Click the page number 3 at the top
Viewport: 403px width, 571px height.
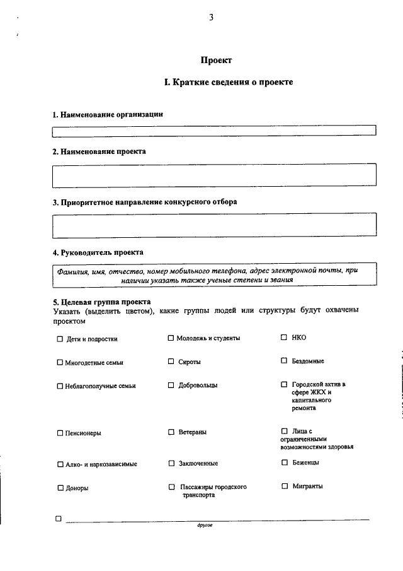pos(212,18)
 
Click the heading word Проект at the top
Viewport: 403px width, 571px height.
pos(216,61)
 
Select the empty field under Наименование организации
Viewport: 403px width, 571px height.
pos(214,131)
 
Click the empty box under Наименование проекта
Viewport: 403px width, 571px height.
pos(214,175)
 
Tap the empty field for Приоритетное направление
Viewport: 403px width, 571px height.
pos(214,224)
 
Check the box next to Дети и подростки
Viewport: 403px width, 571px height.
pos(60,339)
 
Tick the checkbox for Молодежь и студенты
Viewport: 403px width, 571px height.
pos(171,338)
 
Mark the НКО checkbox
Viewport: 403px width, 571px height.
pos(284,338)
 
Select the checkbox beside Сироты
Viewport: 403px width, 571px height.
pos(171,362)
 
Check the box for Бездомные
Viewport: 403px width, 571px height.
pos(284,361)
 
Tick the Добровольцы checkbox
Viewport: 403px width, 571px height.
pos(171,385)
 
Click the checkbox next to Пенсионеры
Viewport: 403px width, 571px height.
pos(60,433)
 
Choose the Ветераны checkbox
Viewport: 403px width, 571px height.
pos(171,432)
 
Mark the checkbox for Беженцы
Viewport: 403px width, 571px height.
pos(284,462)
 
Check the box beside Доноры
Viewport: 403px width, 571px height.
pos(60,488)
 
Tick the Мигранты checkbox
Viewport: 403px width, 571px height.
pos(284,486)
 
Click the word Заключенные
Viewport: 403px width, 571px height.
pos(198,464)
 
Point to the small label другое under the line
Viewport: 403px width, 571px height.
pos(205,525)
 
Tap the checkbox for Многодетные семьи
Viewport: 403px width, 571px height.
pos(60,363)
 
